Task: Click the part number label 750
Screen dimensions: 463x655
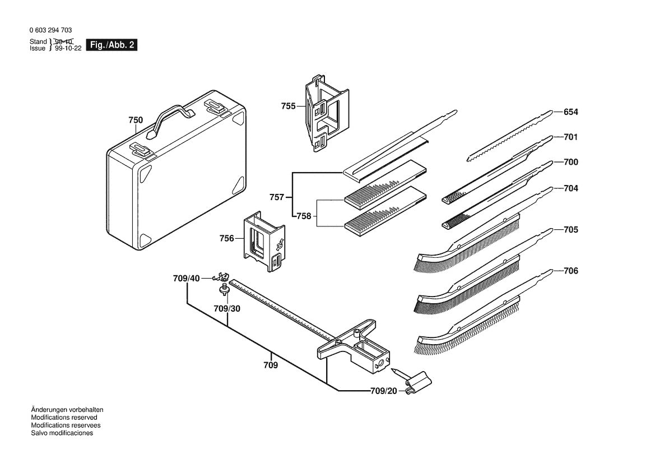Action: click(x=136, y=120)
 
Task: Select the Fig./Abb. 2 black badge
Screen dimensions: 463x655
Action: click(x=112, y=45)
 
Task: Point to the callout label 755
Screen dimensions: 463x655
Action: click(x=288, y=106)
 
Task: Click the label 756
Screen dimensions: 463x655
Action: click(x=226, y=238)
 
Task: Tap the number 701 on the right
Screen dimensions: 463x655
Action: click(x=570, y=137)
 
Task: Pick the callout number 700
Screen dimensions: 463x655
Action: click(x=570, y=163)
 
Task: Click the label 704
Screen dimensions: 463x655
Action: click(x=570, y=189)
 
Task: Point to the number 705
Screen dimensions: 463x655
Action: click(x=570, y=230)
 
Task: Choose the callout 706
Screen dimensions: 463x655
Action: click(x=570, y=271)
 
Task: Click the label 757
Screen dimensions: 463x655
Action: click(x=276, y=197)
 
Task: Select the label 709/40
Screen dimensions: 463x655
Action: click(x=186, y=278)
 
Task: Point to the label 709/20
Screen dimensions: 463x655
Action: click(x=383, y=391)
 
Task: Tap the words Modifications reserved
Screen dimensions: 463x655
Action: click(x=64, y=418)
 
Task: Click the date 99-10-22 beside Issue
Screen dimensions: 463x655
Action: click(x=68, y=49)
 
